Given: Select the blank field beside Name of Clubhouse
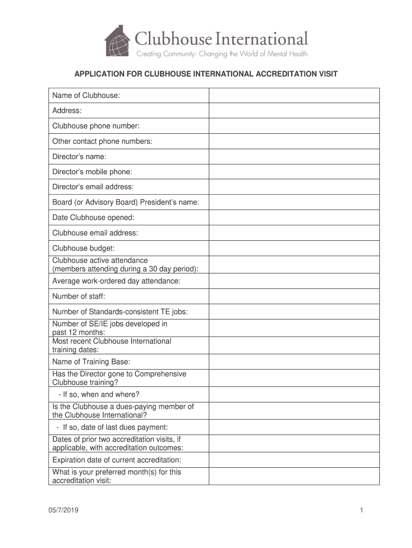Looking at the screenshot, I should point(294,95).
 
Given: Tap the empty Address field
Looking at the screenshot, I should point(294,111).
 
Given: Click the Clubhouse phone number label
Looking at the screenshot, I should point(96,126).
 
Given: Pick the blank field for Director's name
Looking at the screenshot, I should point(294,157).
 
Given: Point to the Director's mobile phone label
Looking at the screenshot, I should point(92,172).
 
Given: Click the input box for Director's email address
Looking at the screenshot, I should point(294,187).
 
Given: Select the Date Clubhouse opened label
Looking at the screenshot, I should point(93,218).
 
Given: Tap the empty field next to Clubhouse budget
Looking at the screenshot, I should point(294,248).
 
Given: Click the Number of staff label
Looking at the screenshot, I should point(79,296).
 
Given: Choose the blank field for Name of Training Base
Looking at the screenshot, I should point(294,362).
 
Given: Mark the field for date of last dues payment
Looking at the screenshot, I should point(294,427).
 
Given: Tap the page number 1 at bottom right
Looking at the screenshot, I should point(362,511).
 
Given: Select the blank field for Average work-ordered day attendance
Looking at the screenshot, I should point(294,281).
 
